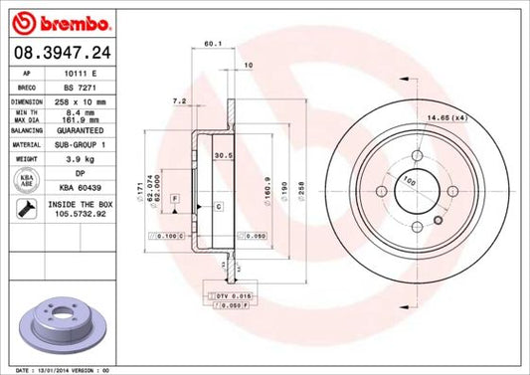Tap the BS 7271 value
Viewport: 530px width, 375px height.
pyautogui.click(x=79, y=88)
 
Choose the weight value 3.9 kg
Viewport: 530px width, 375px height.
pyautogui.click(x=80, y=158)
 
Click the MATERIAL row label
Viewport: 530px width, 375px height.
pyautogui.click(x=25, y=143)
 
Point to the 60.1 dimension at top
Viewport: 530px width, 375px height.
pyautogui.click(x=211, y=44)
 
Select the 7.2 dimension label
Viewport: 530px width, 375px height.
pyautogui.click(x=179, y=101)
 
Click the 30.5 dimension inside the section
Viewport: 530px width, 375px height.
pyautogui.click(x=224, y=156)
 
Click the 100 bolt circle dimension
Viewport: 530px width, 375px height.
pyautogui.click(x=407, y=180)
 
